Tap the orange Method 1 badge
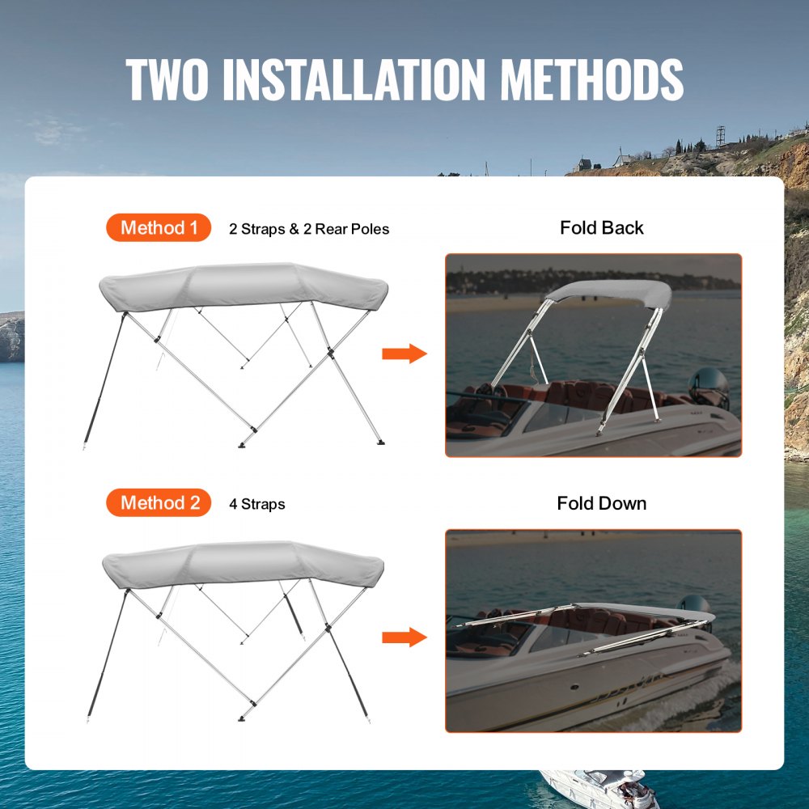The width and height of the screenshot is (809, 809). [x=159, y=228]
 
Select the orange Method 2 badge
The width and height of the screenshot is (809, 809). [x=159, y=503]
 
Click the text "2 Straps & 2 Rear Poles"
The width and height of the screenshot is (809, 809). [x=309, y=229]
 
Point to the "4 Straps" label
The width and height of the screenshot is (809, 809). [x=257, y=504]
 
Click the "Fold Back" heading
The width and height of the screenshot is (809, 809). [x=602, y=228]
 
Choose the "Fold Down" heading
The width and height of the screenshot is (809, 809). [x=602, y=503]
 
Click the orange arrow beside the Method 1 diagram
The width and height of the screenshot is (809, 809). [x=404, y=354]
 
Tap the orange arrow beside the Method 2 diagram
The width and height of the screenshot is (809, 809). [x=404, y=637]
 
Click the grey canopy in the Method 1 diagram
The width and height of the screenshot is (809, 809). [x=243, y=285]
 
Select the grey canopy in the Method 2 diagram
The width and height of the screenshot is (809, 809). [x=243, y=562]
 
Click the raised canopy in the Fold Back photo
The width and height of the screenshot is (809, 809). [x=615, y=292]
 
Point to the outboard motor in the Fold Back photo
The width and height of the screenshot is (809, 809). [x=710, y=387]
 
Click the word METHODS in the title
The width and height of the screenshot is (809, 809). [x=591, y=78]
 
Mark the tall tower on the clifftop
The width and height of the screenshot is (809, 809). [x=720, y=135]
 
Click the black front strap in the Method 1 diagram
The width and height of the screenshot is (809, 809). [x=103, y=380]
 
